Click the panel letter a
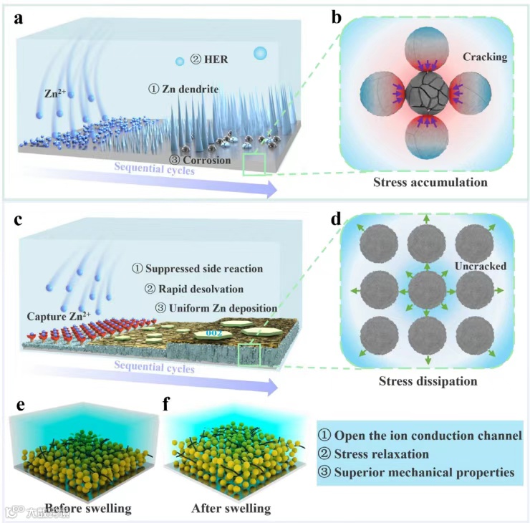click(x=19, y=19)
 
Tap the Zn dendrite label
click(x=183, y=89)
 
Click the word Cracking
click(x=485, y=57)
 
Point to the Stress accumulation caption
click(x=430, y=183)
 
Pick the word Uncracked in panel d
click(x=481, y=266)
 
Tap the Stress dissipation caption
click(x=428, y=380)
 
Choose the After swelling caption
click(x=231, y=509)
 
